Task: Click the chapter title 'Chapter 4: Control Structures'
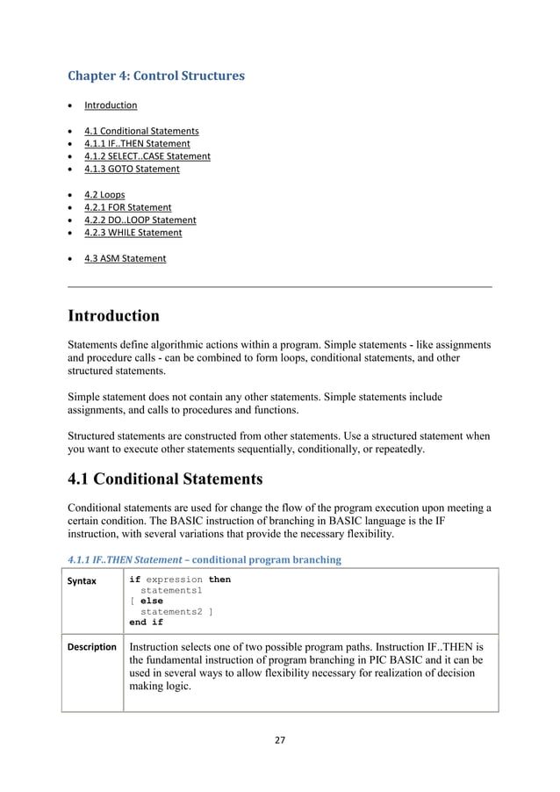(156, 76)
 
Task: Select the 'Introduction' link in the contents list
(111, 105)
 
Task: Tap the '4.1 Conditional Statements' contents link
(141, 131)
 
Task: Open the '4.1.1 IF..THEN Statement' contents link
(137, 143)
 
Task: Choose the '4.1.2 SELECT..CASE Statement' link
(147, 156)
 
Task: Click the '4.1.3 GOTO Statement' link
(132, 169)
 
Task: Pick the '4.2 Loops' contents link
(104, 194)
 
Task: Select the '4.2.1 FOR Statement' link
(128, 207)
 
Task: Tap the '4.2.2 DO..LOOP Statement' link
(140, 220)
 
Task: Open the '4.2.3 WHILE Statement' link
(133, 233)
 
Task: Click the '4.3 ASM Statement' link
(125, 258)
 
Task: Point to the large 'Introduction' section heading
(114, 315)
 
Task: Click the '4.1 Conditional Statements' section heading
(165, 479)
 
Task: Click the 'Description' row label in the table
(93, 647)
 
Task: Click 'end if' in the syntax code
(146, 622)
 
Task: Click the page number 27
(280, 739)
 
